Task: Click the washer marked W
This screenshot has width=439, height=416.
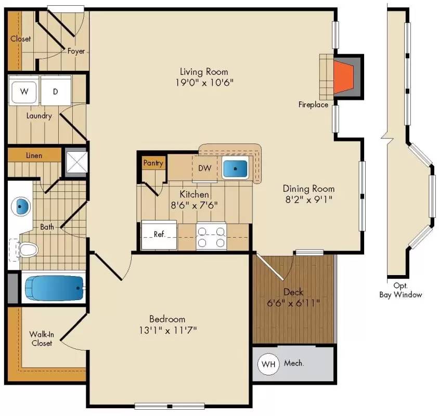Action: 23,92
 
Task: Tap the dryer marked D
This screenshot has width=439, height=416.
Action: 56,92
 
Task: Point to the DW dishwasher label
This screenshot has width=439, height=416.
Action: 205,168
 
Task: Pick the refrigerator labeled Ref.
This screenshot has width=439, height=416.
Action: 159,235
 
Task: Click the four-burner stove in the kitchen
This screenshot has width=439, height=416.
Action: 211,236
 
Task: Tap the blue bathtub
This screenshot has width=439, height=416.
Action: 54,288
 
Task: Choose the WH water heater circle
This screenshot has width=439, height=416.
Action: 268,364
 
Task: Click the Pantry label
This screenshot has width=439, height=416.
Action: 153,163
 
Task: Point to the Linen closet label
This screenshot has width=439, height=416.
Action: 34,155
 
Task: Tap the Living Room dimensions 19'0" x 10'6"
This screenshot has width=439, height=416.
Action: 204,82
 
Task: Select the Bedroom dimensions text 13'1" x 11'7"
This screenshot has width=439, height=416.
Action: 167,330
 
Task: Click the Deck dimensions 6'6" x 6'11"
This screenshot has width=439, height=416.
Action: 293,302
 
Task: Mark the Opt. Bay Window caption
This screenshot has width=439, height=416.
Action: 400,291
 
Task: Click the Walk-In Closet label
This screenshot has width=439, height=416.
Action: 41,339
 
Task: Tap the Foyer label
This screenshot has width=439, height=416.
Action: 76,51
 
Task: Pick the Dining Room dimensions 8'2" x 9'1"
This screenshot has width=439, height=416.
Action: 308,199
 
